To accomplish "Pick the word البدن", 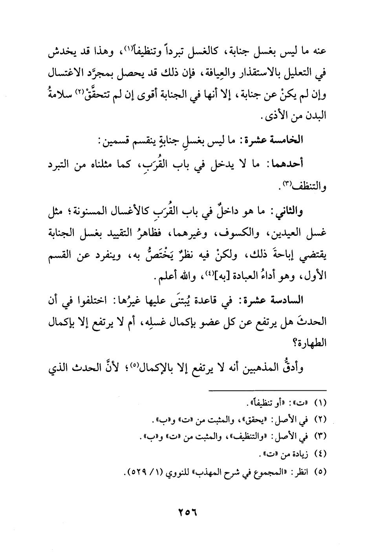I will (x=316, y=117).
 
